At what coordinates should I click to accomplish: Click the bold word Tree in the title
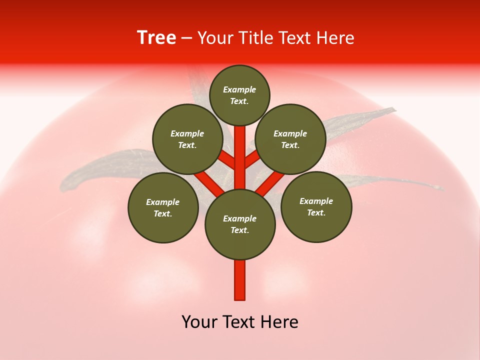tap(156, 37)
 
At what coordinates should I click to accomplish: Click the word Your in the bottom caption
tap(199, 322)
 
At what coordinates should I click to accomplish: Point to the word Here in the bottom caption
tap(281, 322)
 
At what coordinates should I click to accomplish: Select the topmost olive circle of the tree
tap(239, 95)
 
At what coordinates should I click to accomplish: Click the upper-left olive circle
tap(187, 139)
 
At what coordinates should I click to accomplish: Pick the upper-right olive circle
tap(290, 139)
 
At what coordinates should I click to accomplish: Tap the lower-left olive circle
tap(163, 207)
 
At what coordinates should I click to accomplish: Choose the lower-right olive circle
tap(316, 206)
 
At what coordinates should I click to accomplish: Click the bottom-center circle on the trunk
tap(240, 224)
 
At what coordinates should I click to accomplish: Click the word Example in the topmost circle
tap(239, 89)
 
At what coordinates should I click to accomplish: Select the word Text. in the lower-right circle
tap(316, 212)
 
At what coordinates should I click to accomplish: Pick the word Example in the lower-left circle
tap(162, 202)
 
